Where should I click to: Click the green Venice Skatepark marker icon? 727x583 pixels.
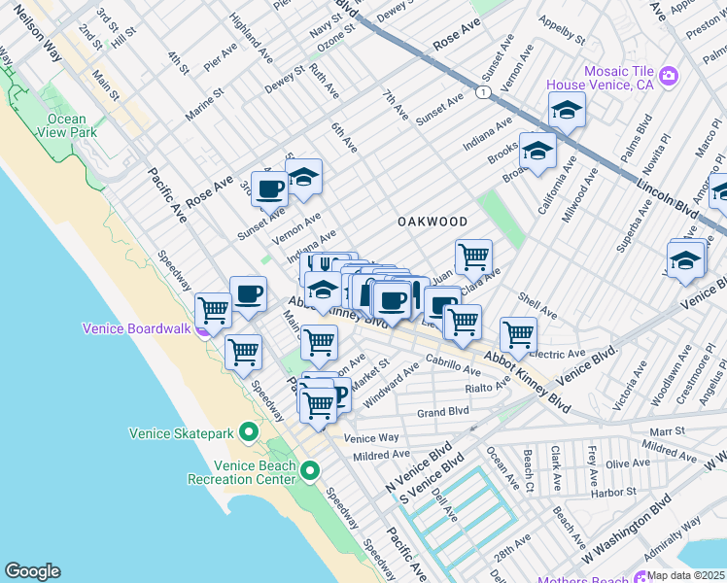(x=248, y=431)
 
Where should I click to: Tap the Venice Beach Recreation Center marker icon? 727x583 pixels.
(x=310, y=471)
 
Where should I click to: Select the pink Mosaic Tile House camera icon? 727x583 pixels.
(x=668, y=76)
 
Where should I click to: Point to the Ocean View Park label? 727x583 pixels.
(x=67, y=126)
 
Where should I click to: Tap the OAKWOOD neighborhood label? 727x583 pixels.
(x=433, y=222)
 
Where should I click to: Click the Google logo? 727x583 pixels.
(x=32, y=571)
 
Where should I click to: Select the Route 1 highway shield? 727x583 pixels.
(x=482, y=91)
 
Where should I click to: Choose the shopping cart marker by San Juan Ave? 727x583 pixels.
(x=473, y=257)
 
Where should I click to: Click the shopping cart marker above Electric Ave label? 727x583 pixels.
(x=518, y=333)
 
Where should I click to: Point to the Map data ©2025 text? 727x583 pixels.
(x=685, y=575)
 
